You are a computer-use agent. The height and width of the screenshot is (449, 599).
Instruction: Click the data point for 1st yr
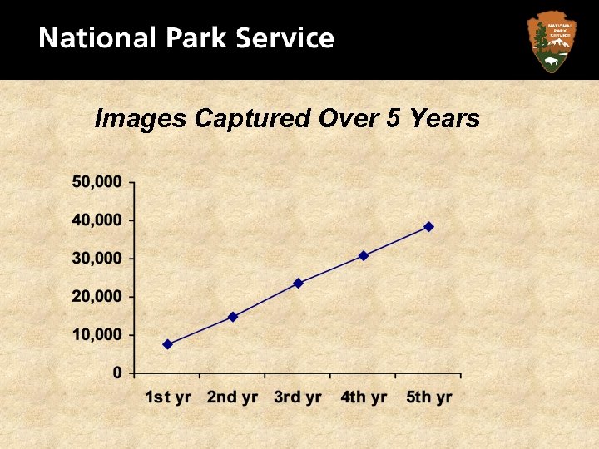(168, 344)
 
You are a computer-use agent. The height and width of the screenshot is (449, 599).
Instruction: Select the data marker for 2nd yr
(233, 317)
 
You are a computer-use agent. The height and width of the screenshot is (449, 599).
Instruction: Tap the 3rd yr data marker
(298, 283)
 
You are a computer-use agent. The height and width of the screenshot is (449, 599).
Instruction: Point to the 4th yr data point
(364, 255)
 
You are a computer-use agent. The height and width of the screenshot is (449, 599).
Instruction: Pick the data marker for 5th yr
(428, 226)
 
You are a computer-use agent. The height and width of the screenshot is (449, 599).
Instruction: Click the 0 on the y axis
(118, 373)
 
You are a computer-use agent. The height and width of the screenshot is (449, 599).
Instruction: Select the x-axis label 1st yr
(168, 397)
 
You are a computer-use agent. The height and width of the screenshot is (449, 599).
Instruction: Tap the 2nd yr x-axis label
(233, 397)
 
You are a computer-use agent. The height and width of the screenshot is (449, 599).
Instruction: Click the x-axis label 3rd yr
(298, 397)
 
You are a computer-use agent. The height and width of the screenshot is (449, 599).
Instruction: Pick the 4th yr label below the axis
(364, 397)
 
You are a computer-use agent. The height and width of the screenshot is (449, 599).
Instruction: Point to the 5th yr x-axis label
(429, 397)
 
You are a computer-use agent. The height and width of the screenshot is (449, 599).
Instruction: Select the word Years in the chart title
(445, 119)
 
